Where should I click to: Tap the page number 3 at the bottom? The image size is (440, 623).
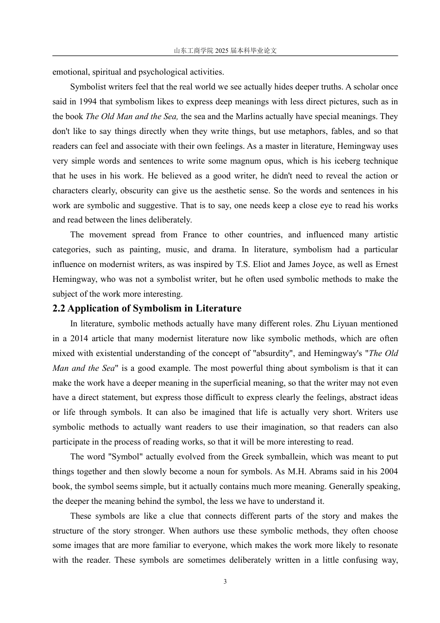(225, 582)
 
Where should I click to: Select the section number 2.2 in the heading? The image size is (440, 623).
(59, 309)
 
